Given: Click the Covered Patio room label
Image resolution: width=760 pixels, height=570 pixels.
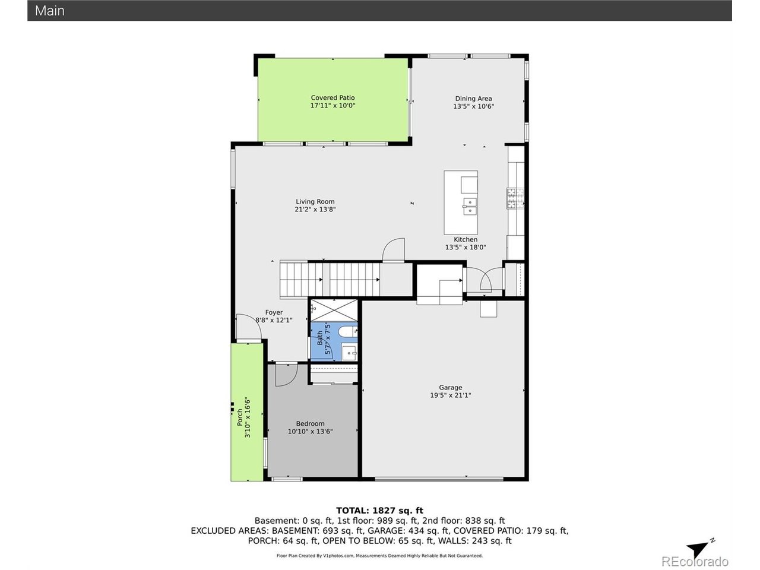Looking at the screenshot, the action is pyautogui.click(x=332, y=97).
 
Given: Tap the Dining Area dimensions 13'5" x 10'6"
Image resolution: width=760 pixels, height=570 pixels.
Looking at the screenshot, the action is pyautogui.click(x=473, y=106).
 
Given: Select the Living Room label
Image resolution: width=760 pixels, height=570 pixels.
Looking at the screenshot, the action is pyautogui.click(x=315, y=201).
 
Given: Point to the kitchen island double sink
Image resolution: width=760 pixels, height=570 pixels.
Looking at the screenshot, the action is pyautogui.click(x=469, y=206).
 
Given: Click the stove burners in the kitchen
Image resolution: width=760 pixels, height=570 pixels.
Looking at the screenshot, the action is pyautogui.click(x=515, y=198).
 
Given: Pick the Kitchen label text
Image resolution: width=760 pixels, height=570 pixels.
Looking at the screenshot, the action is pyautogui.click(x=465, y=239).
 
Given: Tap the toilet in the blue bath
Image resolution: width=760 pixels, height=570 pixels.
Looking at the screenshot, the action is pyautogui.click(x=347, y=332).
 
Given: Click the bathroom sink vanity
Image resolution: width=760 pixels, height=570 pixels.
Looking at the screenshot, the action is pyautogui.click(x=349, y=351).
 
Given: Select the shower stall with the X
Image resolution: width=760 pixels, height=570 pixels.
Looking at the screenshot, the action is pyautogui.click(x=334, y=310).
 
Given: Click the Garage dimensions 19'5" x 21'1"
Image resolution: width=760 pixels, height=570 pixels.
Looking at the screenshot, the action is pyautogui.click(x=451, y=395).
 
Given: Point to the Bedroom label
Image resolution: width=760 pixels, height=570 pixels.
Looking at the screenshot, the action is pyautogui.click(x=310, y=423).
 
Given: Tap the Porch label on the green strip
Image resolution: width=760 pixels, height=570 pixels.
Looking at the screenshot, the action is pyautogui.click(x=240, y=417).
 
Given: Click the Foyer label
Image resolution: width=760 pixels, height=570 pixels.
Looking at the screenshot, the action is pyautogui.click(x=274, y=312).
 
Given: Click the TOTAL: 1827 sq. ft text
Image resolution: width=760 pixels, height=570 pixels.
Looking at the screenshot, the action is pyautogui.click(x=379, y=511).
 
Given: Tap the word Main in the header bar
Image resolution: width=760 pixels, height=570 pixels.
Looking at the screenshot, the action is pyautogui.click(x=49, y=11).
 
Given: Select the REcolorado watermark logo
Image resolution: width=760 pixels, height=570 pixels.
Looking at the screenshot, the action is pyautogui.click(x=695, y=561).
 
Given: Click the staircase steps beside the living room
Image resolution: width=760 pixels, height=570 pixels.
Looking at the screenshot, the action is pyautogui.click(x=330, y=279).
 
